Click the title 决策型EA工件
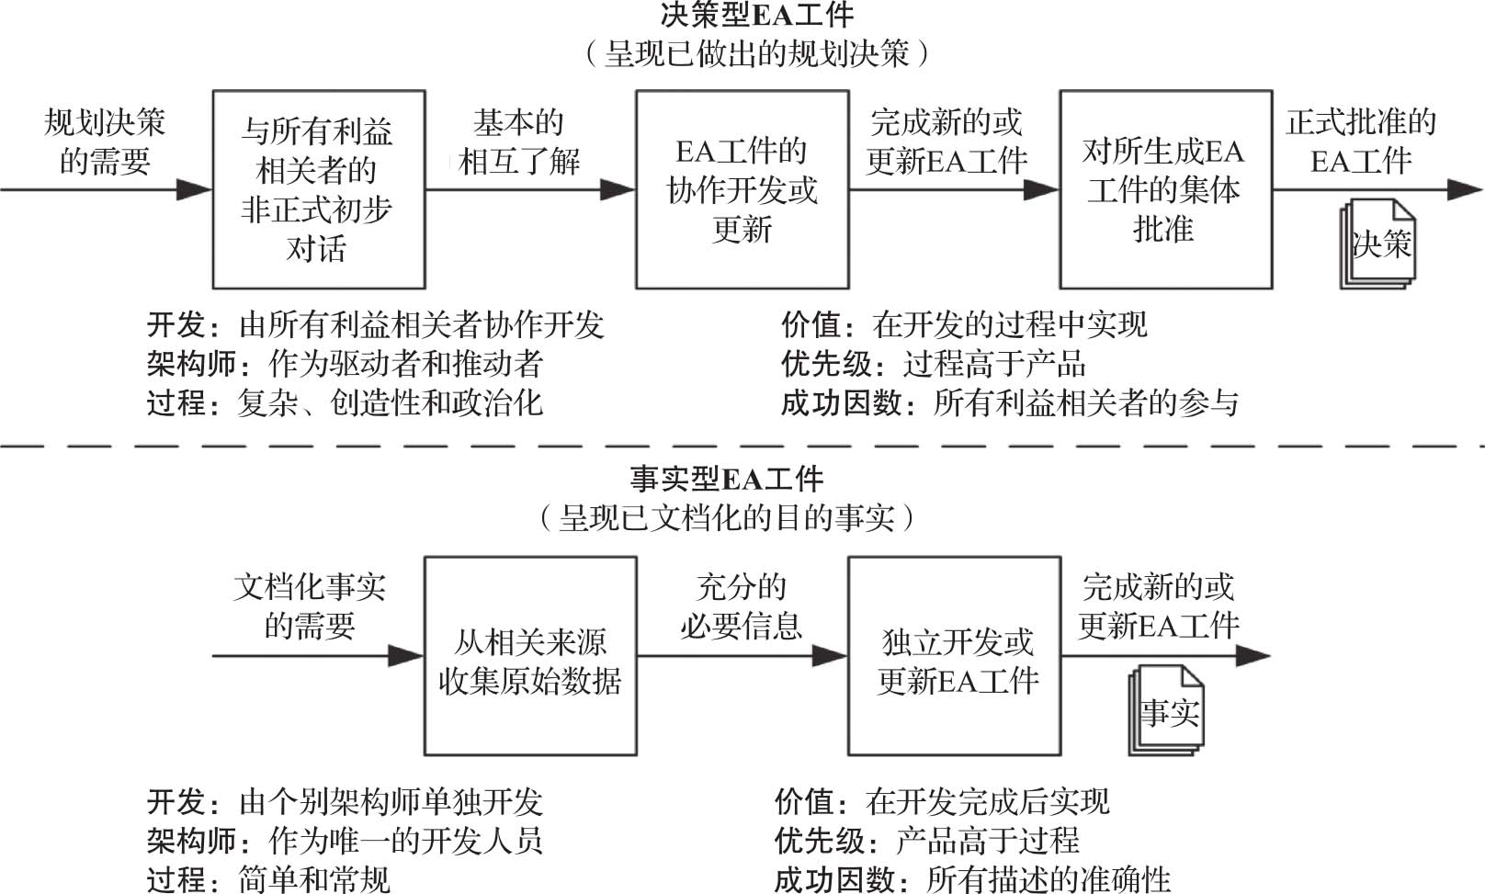(x=756, y=15)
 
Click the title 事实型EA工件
(x=727, y=479)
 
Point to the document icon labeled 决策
(x=1378, y=243)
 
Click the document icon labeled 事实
(x=1167, y=709)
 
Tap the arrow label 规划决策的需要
(x=105, y=141)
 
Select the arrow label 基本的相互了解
(x=518, y=141)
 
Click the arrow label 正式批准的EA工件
(x=1361, y=141)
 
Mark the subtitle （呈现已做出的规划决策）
(x=756, y=53)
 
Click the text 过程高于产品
(x=993, y=364)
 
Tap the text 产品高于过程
(x=987, y=841)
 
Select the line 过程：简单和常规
(x=268, y=879)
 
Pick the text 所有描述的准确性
(x=1049, y=879)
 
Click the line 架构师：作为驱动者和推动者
(x=345, y=364)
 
